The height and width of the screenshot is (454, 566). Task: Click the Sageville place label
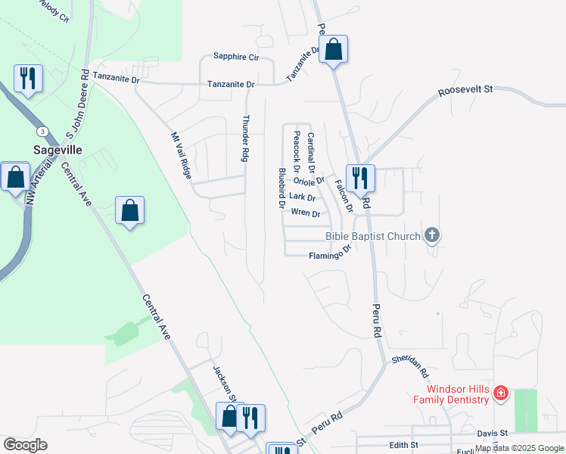pyautogui.click(x=58, y=150)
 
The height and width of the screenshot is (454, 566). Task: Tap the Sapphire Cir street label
pyautogui.click(x=236, y=57)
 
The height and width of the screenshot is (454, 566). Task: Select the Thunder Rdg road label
pyautogui.click(x=245, y=138)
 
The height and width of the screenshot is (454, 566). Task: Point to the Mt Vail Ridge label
pyautogui.click(x=181, y=154)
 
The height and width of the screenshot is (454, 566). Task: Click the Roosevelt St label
pyautogui.click(x=465, y=89)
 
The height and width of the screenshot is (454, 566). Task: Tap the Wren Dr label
pyautogui.click(x=306, y=214)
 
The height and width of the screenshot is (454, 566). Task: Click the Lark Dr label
pyautogui.click(x=302, y=197)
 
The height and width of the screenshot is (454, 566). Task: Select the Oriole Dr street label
pyautogui.click(x=309, y=181)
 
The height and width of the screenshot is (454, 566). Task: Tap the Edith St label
pyautogui.click(x=403, y=445)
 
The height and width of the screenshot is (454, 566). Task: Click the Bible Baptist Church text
pyautogui.click(x=372, y=236)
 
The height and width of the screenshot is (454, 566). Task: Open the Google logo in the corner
pyautogui.click(x=25, y=445)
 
